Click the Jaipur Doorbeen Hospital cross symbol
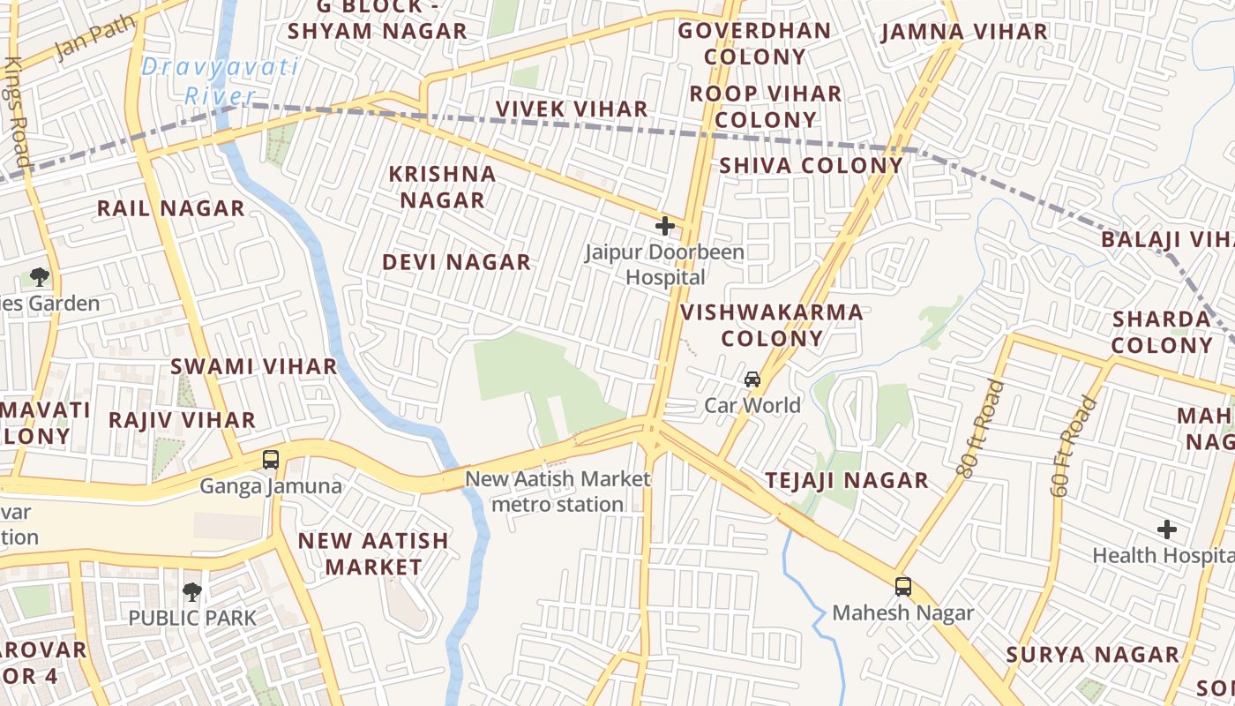(665, 226)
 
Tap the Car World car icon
(752, 379)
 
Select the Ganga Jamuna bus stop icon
(271, 460)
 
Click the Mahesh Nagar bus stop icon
(902, 586)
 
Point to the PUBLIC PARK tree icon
(192, 591)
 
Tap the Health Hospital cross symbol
(1167, 529)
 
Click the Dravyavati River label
(220, 81)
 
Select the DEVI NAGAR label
(456, 262)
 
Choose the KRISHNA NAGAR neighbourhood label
(443, 187)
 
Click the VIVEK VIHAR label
(572, 109)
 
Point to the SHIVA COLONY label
(811, 166)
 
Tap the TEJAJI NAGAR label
(846, 481)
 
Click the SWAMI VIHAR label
(253, 366)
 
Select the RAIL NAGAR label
(170, 209)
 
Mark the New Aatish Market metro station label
(558, 492)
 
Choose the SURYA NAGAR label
(1093, 655)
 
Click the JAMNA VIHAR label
(964, 33)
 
